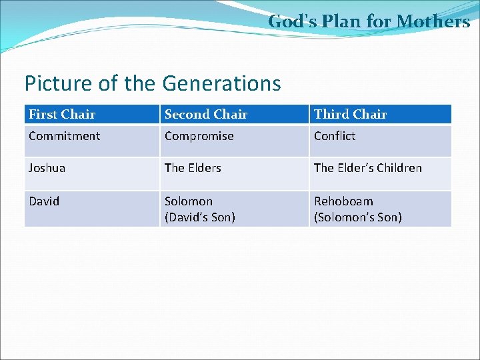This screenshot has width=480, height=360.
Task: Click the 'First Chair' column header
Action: [x=62, y=115]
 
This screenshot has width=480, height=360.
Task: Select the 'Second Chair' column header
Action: [x=206, y=115]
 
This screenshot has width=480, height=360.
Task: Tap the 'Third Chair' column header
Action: [x=350, y=115]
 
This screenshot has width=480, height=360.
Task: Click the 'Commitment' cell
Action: [x=65, y=136]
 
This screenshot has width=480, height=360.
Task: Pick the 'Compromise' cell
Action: [x=199, y=136]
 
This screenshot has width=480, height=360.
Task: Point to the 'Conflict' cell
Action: [x=335, y=136]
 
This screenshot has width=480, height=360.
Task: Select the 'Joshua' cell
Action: [x=47, y=168]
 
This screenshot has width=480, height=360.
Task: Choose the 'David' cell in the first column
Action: [x=44, y=201]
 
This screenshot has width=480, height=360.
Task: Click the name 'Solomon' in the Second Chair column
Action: [x=189, y=201]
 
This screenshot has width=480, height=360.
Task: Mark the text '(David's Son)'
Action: [x=200, y=217]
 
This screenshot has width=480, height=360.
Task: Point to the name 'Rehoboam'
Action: [x=343, y=201]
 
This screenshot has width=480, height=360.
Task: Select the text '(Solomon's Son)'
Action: [x=358, y=217]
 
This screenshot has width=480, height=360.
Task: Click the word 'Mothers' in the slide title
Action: [x=433, y=22]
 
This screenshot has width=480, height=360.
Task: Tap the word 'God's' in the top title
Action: [x=291, y=22]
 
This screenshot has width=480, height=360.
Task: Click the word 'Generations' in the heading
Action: [x=221, y=84]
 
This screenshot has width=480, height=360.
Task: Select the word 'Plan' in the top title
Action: [x=341, y=22]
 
